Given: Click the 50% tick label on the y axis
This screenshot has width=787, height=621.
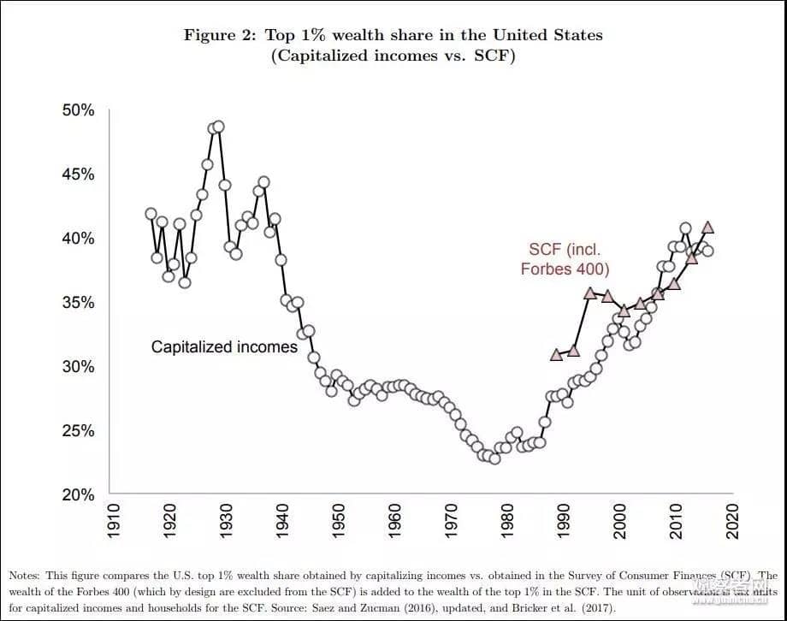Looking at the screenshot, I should [77, 110].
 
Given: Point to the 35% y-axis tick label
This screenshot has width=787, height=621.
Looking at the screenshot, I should [77, 303].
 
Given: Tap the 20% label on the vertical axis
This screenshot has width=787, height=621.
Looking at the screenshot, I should [77, 494].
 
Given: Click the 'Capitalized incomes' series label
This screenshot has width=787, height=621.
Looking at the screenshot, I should [224, 347].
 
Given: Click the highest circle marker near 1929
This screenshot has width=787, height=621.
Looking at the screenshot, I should [218, 127].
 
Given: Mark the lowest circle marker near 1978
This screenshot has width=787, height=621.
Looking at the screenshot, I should [494, 458].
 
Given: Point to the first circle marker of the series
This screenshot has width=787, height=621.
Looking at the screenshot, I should [151, 214].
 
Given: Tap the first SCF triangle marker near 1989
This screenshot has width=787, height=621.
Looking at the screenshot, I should [556, 354].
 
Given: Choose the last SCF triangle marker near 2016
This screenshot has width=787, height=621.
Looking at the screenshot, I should [708, 228].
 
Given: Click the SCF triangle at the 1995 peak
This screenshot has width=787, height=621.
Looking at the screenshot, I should [590, 293].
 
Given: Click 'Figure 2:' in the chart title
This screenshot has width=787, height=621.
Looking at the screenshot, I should [220, 35].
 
